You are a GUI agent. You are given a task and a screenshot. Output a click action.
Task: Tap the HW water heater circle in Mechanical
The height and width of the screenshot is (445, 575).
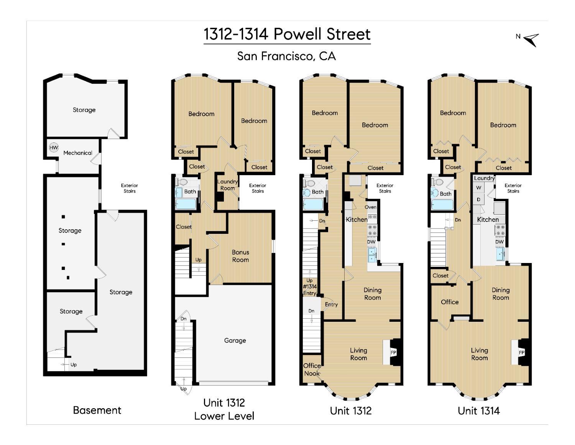coord(54,147)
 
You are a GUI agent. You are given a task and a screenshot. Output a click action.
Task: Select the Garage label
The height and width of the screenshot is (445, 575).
coord(235,341)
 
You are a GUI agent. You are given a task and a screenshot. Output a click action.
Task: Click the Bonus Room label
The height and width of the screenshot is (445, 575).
coord(240,256)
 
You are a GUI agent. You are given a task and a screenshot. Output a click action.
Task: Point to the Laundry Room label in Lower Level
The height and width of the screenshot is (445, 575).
coord(227,185)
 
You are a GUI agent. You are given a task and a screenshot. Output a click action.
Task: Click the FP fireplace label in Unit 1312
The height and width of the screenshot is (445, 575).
coord(393,352)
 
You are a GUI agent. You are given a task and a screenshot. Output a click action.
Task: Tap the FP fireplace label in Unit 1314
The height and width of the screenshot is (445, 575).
coord(521,352)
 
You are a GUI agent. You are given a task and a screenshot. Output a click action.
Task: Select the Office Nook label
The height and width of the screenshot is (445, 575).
coord(312,369)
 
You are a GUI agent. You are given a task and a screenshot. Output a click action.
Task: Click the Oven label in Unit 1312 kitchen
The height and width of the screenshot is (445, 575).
coord(370,207)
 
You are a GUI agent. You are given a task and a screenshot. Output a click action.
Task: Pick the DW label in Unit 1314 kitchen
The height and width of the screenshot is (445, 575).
coord(499,242)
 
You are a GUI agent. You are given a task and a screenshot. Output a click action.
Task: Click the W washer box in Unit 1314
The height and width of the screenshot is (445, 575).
coord(478,188)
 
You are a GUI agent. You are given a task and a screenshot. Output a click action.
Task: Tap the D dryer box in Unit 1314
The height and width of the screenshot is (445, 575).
coord(478,200)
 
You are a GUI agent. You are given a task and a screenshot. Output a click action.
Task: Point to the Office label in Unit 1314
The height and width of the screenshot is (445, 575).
coord(450,302)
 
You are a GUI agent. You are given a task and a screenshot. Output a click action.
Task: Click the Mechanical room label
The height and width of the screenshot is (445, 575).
coord(78,153)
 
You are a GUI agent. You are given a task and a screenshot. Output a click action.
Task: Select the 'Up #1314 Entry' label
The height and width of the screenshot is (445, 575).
coord(310,287)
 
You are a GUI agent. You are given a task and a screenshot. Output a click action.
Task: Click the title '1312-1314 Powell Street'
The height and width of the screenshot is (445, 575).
coord(287,34)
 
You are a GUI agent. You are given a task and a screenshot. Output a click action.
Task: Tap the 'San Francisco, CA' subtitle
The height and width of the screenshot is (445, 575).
coord(286,56)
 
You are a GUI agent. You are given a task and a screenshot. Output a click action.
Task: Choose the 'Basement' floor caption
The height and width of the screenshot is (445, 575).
coord(97,410)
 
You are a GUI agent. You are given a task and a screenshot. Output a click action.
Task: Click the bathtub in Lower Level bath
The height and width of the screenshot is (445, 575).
coord(186,203)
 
